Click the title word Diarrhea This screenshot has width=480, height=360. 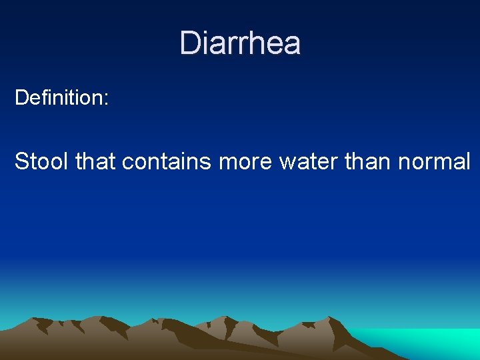240,43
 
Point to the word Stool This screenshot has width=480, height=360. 42,161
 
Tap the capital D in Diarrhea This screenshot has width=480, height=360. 189,43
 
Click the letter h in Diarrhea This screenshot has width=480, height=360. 259,43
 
